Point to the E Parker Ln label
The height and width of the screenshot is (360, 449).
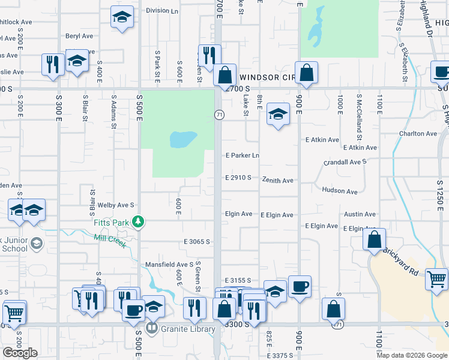242,155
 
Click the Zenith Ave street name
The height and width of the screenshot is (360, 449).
277,180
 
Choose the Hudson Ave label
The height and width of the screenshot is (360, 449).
339,191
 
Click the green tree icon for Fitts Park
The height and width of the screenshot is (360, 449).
139,222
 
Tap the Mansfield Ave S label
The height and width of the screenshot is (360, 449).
169,265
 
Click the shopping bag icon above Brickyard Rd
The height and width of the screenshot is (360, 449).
375,239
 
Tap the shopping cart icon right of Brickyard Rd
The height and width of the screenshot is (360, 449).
436,278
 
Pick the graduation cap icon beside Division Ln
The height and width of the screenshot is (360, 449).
122,17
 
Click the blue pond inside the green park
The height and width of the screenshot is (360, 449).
184,140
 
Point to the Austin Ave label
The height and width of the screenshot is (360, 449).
360,214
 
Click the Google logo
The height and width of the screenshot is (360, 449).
20,353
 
